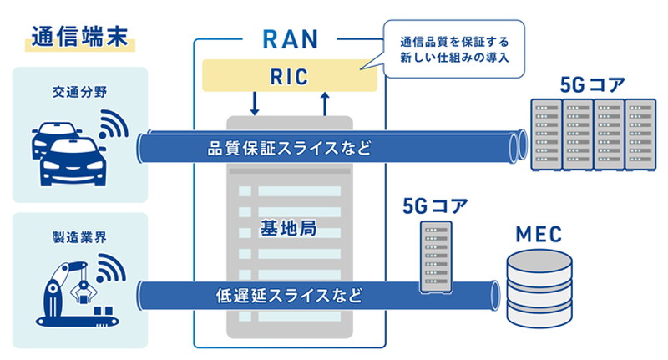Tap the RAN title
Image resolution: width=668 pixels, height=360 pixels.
(290, 38)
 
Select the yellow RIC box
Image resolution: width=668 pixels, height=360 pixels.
(290, 77)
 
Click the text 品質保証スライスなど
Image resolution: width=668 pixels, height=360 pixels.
(289, 149)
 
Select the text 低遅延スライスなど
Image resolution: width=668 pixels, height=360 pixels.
(289, 294)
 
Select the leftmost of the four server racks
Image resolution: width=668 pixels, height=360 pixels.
(547, 134)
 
